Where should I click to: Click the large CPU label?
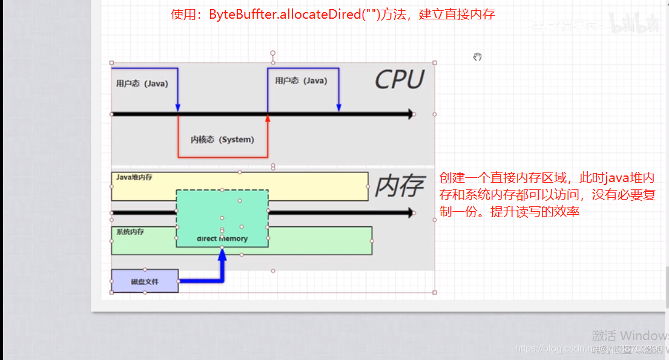coord(399,79)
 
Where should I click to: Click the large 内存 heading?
coord(398,187)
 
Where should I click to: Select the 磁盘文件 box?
coord(145,281)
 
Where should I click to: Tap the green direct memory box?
coord(222,218)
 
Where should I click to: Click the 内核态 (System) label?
coord(222,140)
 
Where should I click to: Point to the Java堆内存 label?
coord(134,178)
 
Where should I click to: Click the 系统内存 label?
coord(130,232)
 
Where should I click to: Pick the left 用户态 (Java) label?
coord(142,83)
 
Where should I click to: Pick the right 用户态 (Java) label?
coord(301,80)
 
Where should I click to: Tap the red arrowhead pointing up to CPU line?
coord(267,119)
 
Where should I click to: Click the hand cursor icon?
coord(478,57)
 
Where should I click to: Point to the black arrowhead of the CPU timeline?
coord(411,114)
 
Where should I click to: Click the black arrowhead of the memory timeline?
coord(411,212)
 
